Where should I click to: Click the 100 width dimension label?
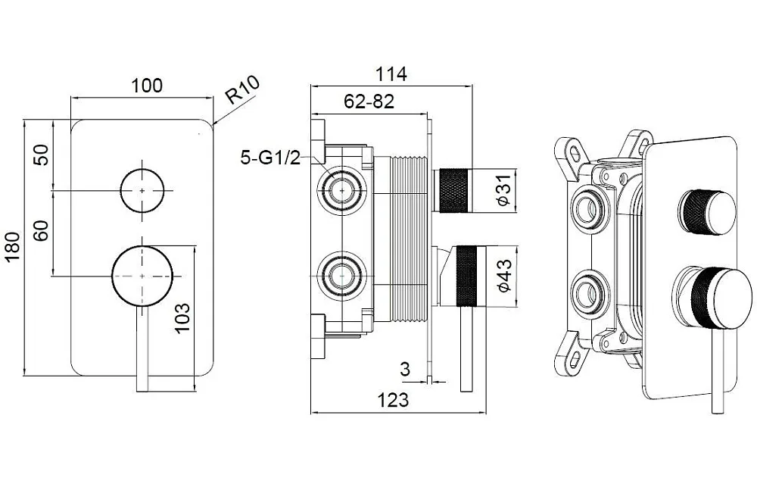pos(147,86)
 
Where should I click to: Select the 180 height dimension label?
pos(13,247)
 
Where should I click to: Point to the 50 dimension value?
pos(42,155)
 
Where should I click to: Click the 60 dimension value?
pos(42,230)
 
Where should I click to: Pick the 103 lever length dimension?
pos(182,318)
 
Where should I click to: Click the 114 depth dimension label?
pos(391,74)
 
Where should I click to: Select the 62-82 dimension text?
pos(369,101)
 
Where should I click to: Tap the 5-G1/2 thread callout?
pos(270,158)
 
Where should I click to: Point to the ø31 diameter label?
pos(503,190)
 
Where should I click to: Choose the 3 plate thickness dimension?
pos(405,369)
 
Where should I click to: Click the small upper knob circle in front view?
pos(142,191)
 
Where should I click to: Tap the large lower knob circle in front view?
pos(142,276)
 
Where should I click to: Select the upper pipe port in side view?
pos(342,190)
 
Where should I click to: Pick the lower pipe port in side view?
pos(342,276)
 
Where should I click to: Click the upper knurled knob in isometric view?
pos(707,213)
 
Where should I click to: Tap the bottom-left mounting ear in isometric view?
pos(573,353)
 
